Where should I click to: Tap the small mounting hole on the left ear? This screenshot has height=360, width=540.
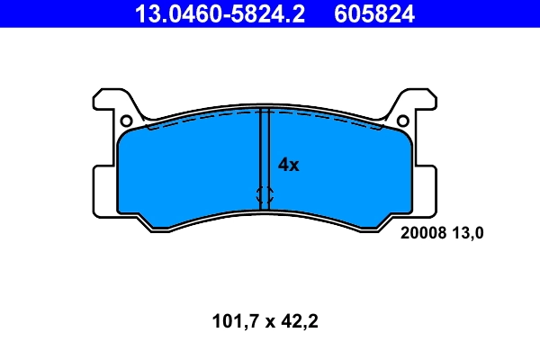(126, 121)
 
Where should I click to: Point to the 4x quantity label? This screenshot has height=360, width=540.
(288, 165)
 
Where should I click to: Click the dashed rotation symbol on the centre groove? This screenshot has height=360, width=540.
(265, 194)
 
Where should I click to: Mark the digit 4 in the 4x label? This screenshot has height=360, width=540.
(283, 165)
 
